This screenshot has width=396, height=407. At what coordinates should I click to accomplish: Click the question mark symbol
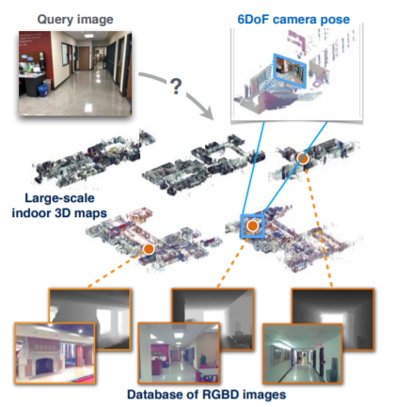[x=176, y=86]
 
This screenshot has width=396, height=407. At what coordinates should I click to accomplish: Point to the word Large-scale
[x=59, y=198]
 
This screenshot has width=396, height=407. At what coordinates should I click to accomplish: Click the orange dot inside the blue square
[x=252, y=226]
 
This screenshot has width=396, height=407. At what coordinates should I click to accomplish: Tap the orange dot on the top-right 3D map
[x=303, y=159]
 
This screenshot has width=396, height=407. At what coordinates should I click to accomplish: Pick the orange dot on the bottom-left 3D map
[x=149, y=249]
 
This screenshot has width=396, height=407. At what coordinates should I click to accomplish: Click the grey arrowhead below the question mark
[x=207, y=114]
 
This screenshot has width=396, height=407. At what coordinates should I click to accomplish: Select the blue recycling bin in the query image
[x=42, y=90]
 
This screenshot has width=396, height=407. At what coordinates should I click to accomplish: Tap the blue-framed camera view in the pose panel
[x=289, y=70]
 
